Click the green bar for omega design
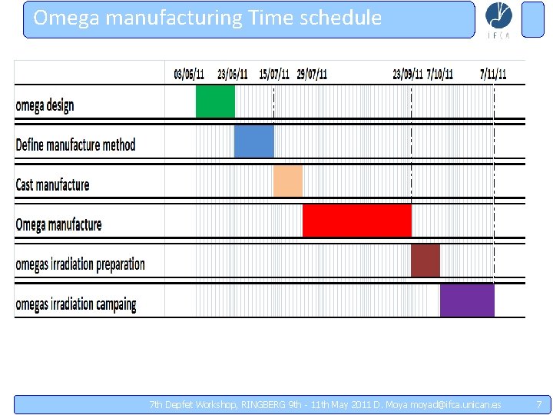tap(215, 101)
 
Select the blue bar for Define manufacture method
tap(253, 141)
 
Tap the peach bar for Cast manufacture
tap(288, 181)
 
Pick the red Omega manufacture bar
tap(357, 221)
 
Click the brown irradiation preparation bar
tap(426, 261)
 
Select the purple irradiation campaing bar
tap(467, 300)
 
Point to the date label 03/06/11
tap(189, 75)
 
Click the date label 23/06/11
tap(232, 75)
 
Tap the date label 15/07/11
tap(274, 75)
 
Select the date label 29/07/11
tap(312, 75)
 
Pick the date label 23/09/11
tap(408, 75)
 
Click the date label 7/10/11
tap(440, 75)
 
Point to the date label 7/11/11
tap(493, 75)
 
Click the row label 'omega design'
tap(45, 105)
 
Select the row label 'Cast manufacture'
tap(52, 185)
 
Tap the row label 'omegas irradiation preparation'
tap(80, 265)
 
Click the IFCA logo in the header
tap(499, 20)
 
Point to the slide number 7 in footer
tap(539, 404)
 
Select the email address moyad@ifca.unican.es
tap(456, 405)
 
